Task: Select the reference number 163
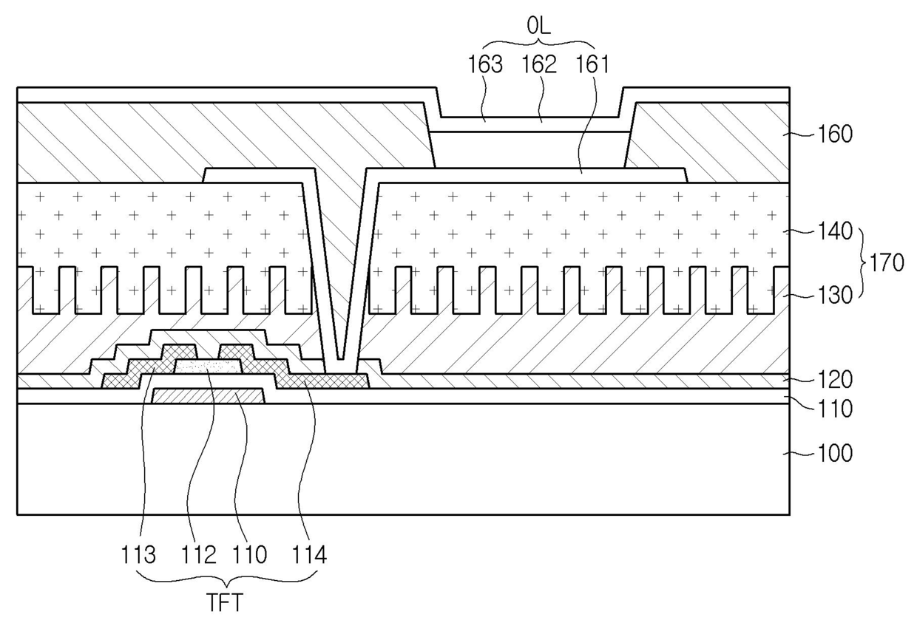point(485,64)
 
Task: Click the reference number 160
point(836,135)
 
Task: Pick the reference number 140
point(836,231)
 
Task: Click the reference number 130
point(836,294)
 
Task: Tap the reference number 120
point(836,380)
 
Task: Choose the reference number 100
point(836,453)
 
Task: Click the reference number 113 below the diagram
point(140,554)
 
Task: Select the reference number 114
point(309,554)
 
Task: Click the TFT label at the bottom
point(224,603)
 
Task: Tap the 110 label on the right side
point(836,408)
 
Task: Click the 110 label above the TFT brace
point(250,554)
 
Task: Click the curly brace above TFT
point(224,578)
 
